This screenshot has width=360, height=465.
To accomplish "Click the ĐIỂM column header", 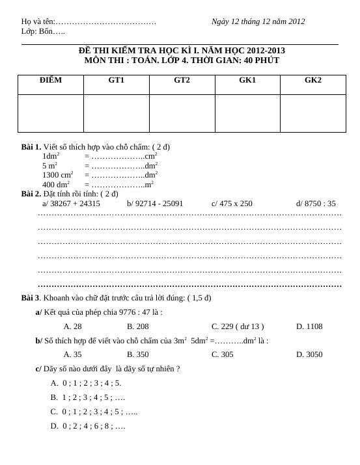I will [x=51, y=80].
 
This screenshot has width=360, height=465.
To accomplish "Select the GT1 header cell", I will [x=117, y=80].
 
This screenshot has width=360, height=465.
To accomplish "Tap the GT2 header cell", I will [x=182, y=80].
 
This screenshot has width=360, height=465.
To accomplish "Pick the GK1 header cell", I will [x=247, y=80].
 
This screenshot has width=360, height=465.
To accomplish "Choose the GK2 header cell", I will [x=313, y=80].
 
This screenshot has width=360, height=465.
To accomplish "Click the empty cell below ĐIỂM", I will [x=51, y=113].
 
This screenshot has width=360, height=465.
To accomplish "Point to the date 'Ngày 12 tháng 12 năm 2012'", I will [x=258, y=21].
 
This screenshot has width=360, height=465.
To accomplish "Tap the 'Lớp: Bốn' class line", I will [x=43, y=31].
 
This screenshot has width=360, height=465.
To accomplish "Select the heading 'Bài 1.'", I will [x=31, y=147].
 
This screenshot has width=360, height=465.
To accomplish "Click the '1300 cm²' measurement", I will [x=58, y=175].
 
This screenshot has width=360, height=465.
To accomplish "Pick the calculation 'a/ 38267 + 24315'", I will [x=71, y=204].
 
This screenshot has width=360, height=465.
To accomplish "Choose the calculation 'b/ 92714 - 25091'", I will [x=155, y=204].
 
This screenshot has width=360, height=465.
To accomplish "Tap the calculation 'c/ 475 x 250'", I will [x=232, y=204].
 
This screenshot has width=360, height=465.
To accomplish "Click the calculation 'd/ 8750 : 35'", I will [x=316, y=204].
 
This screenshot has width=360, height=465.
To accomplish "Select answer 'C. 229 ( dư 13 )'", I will [x=238, y=326].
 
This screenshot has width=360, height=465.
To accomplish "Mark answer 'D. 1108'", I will [x=309, y=326].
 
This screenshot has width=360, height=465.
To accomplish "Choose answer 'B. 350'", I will [x=138, y=354].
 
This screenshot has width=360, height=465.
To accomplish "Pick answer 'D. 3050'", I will [x=309, y=354].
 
